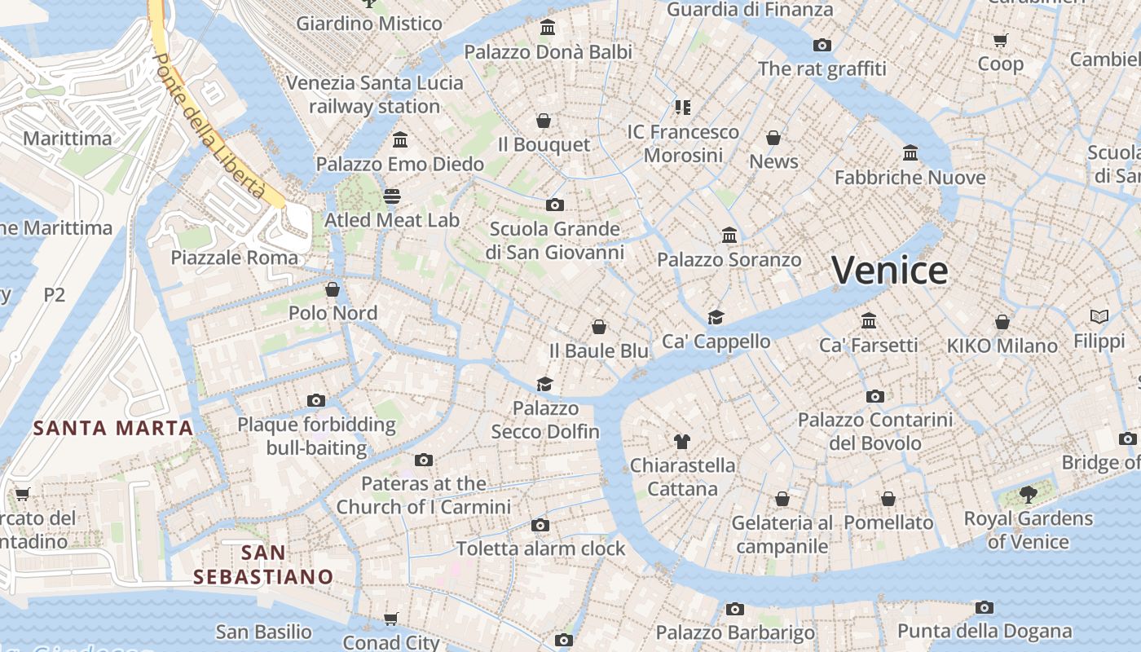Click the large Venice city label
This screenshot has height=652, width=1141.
(890, 270)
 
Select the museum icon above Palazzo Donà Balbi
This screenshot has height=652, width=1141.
(548, 28)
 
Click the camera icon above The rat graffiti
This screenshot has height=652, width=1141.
(822, 45)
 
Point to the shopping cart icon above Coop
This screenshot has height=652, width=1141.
(1000, 40)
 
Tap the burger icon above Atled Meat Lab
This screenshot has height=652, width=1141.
(392, 196)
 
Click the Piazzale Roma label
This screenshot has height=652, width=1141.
(235, 258)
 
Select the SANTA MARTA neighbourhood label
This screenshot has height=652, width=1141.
(113, 428)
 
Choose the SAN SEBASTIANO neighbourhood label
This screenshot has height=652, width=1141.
(263, 565)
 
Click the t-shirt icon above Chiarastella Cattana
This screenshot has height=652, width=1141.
(682, 442)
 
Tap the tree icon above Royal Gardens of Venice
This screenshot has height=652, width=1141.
(1028, 494)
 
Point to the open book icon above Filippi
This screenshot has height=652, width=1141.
(1099, 316)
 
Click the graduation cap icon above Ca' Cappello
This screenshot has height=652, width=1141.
(716, 317)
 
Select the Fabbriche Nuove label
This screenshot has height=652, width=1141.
(910, 177)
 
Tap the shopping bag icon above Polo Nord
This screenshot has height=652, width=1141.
(333, 289)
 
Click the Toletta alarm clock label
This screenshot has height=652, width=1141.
(540, 548)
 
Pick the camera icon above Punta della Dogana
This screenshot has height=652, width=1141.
(985, 607)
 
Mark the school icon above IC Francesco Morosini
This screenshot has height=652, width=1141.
(682, 107)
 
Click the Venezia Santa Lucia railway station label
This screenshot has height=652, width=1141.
(374, 95)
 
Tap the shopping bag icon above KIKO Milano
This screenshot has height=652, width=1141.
(1002, 322)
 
